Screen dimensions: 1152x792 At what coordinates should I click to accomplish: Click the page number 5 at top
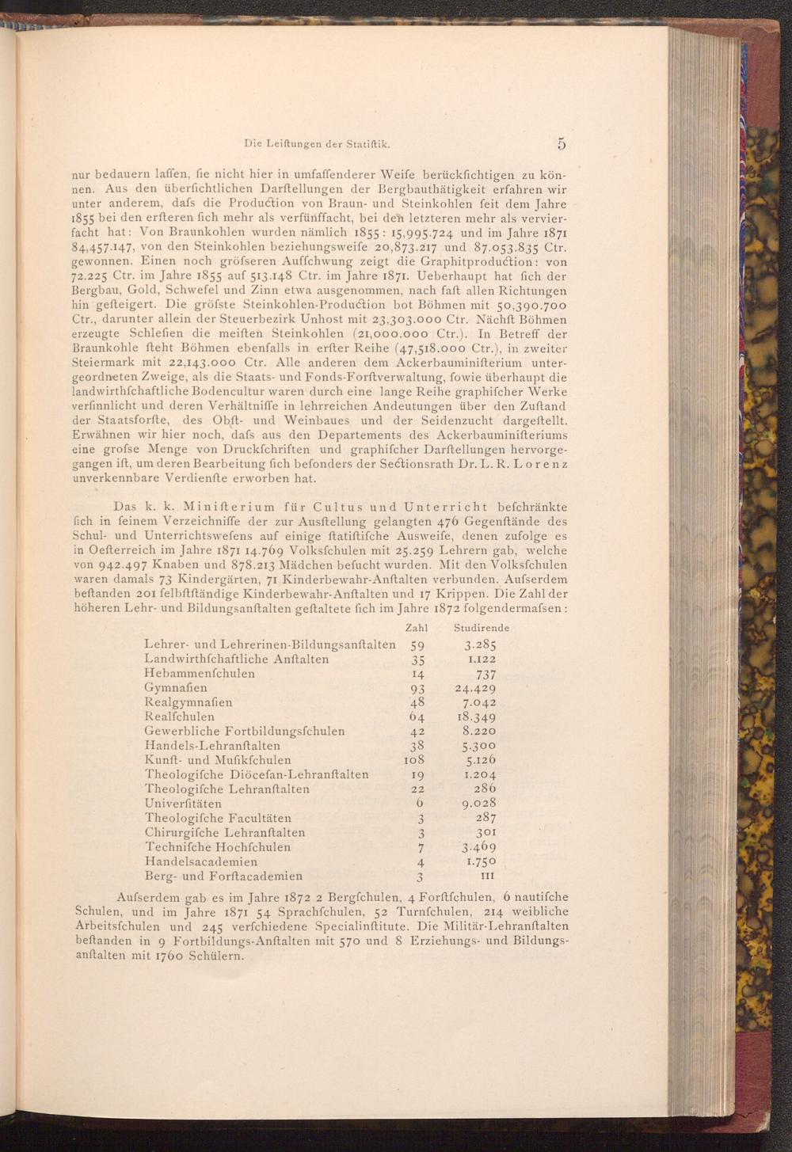[x=562, y=143]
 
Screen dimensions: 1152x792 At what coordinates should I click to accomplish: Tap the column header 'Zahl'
[x=416, y=627]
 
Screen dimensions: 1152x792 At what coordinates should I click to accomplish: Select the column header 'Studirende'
[x=482, y=627]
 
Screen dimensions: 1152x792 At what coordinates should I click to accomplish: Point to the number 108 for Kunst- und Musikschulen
[x=415, y=760]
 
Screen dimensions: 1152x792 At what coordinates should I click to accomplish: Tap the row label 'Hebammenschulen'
[x=200, y=673]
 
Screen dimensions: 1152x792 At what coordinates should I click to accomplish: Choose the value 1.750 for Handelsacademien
[x=481, y=861]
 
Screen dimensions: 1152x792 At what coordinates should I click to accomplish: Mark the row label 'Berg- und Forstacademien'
[x=224, y=876]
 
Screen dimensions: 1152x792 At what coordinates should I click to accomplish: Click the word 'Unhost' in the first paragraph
[x=300, y=319]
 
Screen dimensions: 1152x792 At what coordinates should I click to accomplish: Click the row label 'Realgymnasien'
[x=188, y=701]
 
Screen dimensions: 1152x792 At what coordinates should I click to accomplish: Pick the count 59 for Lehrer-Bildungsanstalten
[x=417, y=644]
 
